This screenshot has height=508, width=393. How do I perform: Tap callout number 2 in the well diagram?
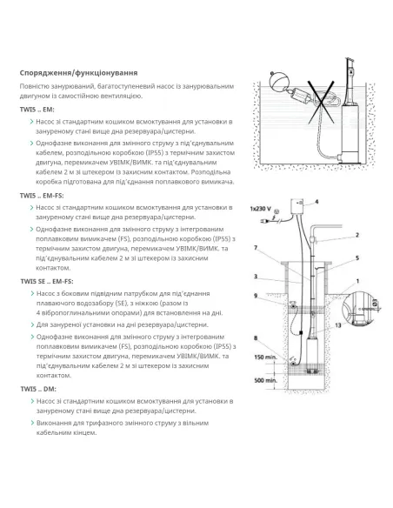pos(356,235)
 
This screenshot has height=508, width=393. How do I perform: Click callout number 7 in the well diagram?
pos(255,248)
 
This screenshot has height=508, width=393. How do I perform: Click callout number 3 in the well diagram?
pos(255,277)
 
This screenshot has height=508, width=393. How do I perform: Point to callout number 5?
pos(356,257)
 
